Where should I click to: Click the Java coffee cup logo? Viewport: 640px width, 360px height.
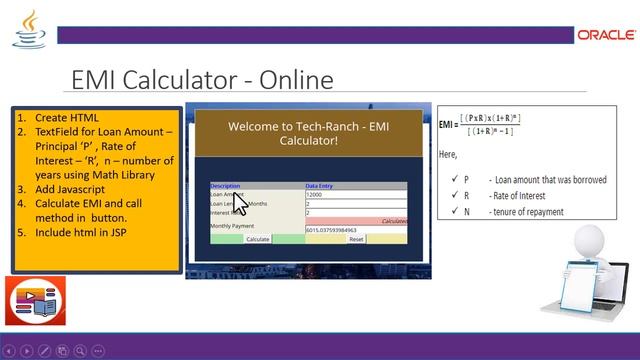[28, 30]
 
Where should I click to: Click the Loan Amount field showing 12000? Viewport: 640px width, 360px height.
[354, 195]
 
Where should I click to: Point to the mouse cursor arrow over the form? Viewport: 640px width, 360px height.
[241, 204]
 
